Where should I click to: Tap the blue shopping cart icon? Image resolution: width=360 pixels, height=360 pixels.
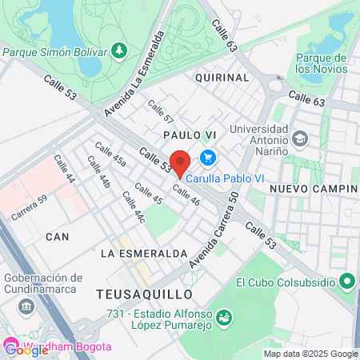207,157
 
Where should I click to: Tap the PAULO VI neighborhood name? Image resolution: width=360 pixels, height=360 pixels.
189,135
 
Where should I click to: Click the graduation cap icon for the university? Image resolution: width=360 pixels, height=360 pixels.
299,138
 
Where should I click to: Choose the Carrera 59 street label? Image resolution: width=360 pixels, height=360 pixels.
29,209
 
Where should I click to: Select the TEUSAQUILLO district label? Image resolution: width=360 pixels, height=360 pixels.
134,294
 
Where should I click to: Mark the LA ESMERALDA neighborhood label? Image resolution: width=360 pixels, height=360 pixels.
144,253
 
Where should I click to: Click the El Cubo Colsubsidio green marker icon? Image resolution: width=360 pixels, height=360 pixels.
347,282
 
